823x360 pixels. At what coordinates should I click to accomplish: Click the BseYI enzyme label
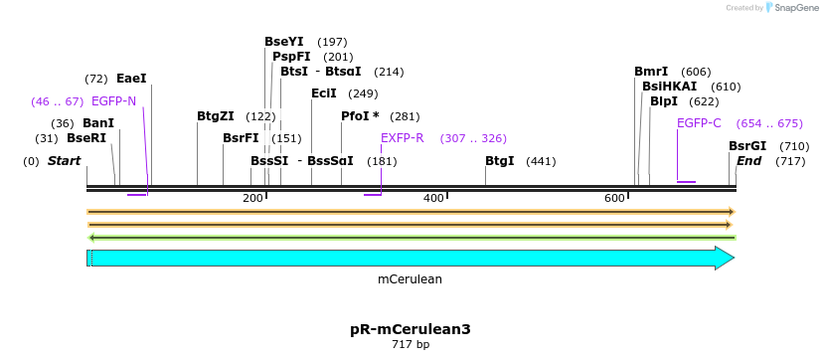[284, 42]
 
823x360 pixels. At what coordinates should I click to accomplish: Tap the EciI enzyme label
[324, 93]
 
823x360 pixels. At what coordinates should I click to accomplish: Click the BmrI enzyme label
[651, 72]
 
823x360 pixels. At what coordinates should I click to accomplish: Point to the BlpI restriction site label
[664, 101]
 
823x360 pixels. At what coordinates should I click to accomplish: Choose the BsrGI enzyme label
[747, 146]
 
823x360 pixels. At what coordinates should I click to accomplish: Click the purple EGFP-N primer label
[113, 101]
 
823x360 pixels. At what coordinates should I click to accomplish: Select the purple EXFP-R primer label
[402, 138]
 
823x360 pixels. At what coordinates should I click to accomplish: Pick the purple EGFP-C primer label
[699, 123]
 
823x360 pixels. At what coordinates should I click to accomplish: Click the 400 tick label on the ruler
[433, 199]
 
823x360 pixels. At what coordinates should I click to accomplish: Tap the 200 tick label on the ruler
[252, 199]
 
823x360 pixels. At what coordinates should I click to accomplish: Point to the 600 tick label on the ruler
[614, 199]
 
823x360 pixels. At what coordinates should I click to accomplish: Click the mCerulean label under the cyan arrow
[410, 279]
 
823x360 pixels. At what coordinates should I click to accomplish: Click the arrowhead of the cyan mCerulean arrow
[725, 259]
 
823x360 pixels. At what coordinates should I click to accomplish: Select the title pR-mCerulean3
[410, 329]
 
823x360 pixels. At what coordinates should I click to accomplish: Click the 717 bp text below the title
[410, 345]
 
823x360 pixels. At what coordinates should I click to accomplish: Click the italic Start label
[64, 161]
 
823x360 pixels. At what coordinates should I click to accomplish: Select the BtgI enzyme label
[500, 161]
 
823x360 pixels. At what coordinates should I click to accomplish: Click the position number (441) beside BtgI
[541, 161]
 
